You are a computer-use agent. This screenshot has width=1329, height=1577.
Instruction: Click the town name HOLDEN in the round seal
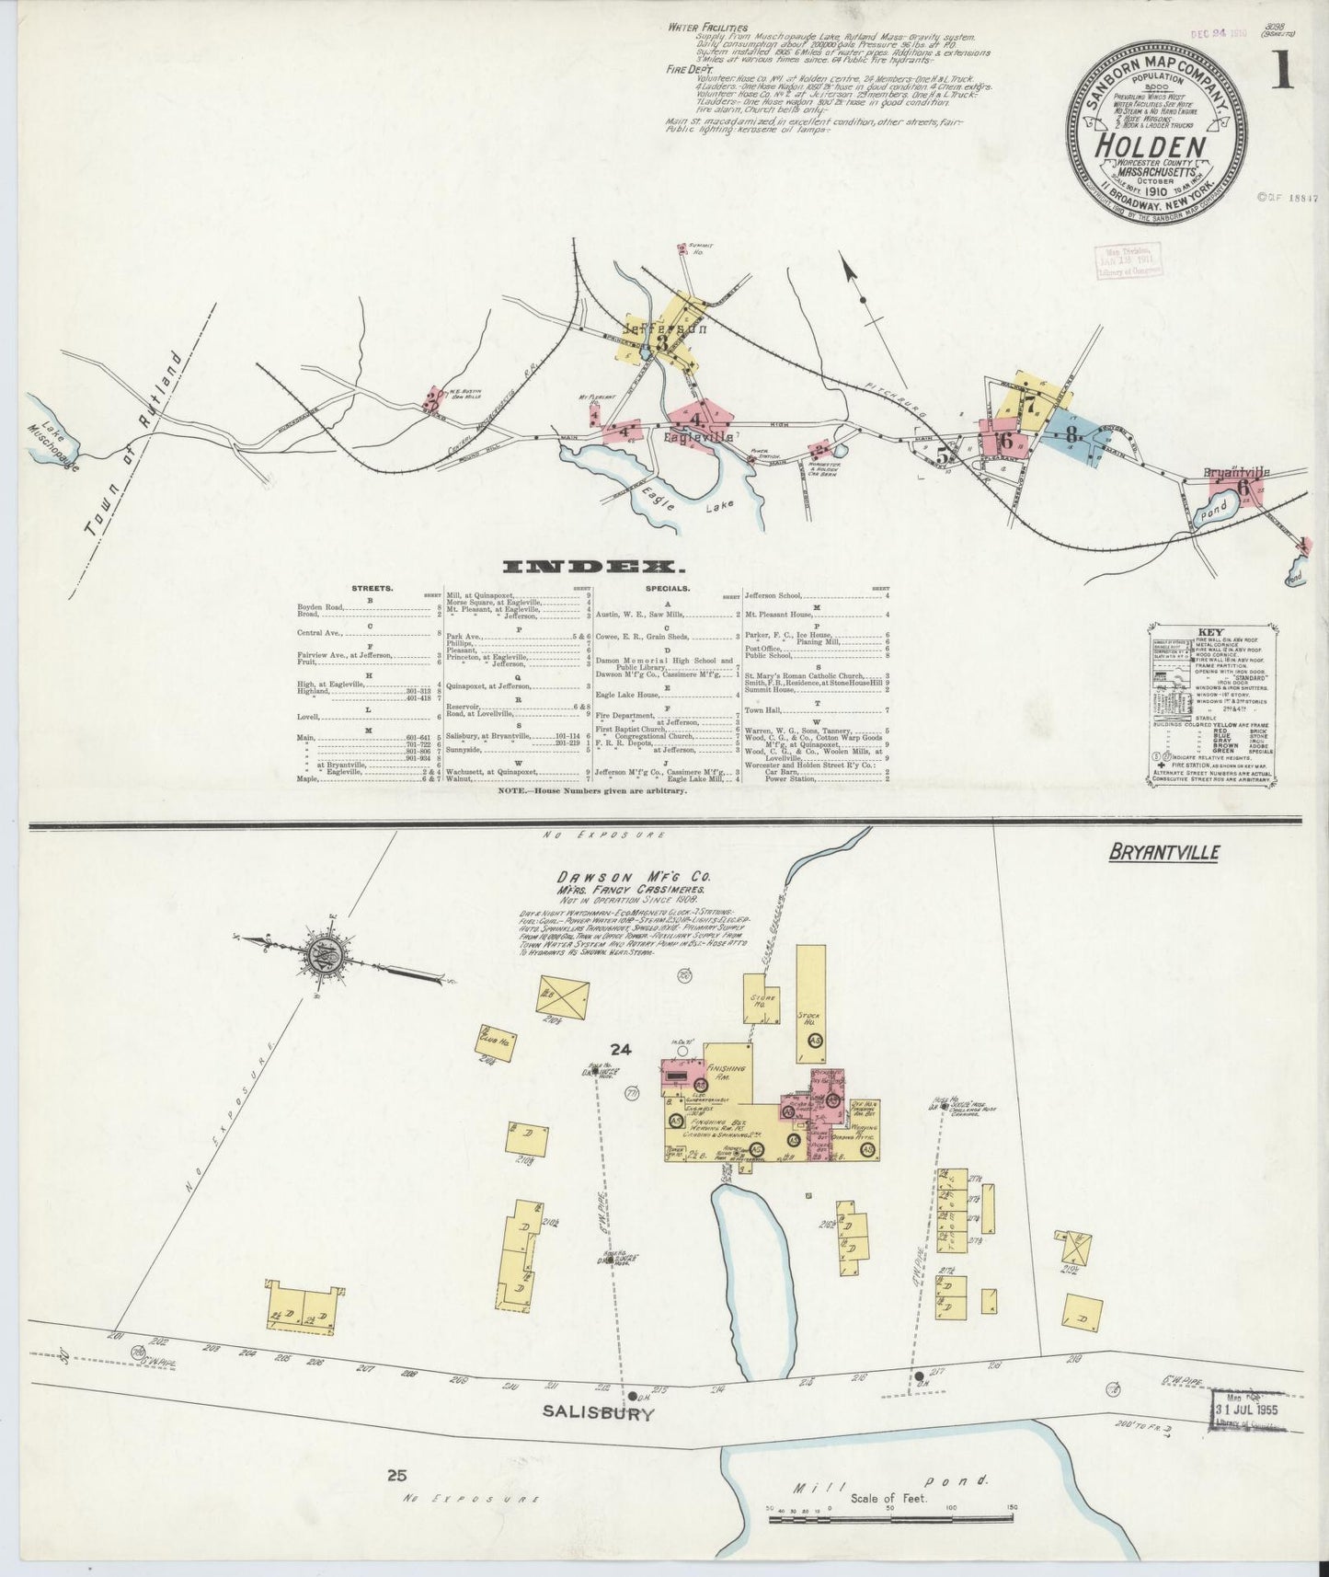coord(1156,147)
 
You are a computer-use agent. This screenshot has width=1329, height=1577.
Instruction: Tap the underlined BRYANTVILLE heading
coord(1163,852)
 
